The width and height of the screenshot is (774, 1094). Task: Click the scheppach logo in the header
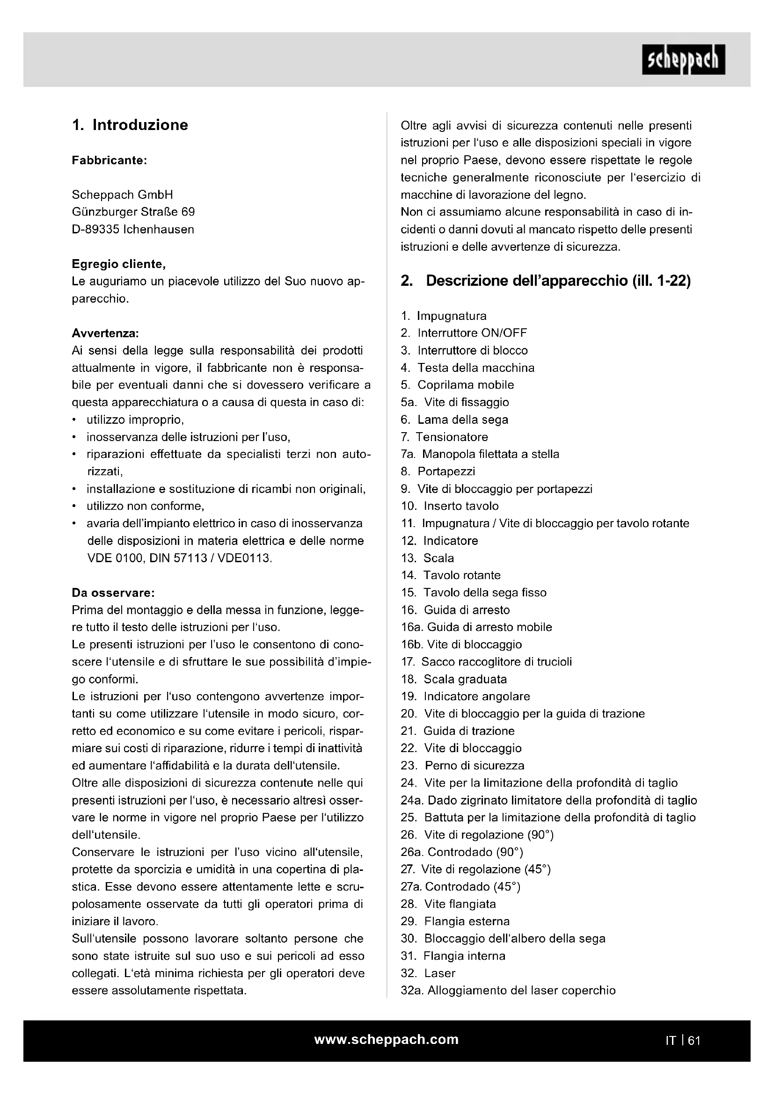(x=683, y=59)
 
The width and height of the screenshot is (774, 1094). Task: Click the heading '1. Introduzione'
(x=130, y=125)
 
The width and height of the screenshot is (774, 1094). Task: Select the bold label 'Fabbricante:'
(x=109, y=160)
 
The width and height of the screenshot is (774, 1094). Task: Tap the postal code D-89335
(x=96, y=229)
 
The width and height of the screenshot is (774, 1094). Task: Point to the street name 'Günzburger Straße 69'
(x=133, y=211)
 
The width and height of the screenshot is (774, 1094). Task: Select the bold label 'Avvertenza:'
(x=105, y=333)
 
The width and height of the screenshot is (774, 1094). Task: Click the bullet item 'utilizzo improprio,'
(x=135, y=419)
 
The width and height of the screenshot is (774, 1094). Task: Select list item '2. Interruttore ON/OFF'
(x=464, y=333)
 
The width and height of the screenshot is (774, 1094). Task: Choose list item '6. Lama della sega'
(x=455, y=419)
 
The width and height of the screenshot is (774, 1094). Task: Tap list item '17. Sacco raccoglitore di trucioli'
(x=486, y=661)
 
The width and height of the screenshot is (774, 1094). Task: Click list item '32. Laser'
(x=428, y=973)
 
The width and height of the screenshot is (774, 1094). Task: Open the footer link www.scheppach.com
(x=387, y=1040)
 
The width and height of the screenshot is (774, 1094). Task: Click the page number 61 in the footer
(x=694, y=1041)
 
